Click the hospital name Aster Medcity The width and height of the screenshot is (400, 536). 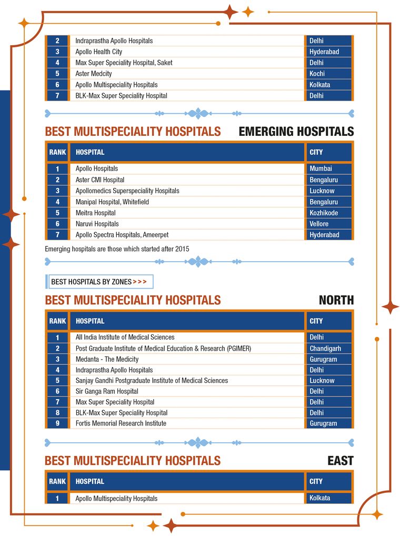tap(94, 74)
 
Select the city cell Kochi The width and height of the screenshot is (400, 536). tap(317, 74)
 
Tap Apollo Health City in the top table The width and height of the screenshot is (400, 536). tap(99, 52)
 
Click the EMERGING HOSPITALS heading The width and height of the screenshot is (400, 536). tap(296, 131)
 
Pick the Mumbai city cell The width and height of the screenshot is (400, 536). tap(321, 169)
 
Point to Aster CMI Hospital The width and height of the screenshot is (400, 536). tap(100, 180)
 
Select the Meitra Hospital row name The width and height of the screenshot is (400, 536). tap(95, 213)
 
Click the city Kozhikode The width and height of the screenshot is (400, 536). tap(324, 213)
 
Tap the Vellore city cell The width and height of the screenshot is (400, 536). tap(319, 224)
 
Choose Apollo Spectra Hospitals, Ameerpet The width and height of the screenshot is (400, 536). tap(122, 235)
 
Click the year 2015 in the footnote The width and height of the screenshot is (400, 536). tap(182, 249)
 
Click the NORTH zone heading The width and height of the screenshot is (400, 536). tap(336, 300)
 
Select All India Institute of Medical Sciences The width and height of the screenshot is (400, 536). tap(125, 337)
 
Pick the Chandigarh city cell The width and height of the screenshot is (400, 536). tap(325, 349)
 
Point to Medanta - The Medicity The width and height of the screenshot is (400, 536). tap(107, 359)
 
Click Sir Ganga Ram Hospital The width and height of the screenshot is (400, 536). tap(107, 391)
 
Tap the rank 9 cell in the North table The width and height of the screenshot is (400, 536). tap(57, 423)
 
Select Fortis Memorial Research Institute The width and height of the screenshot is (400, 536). tap(121, 423)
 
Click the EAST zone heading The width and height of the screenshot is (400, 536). tap(341, 461)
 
